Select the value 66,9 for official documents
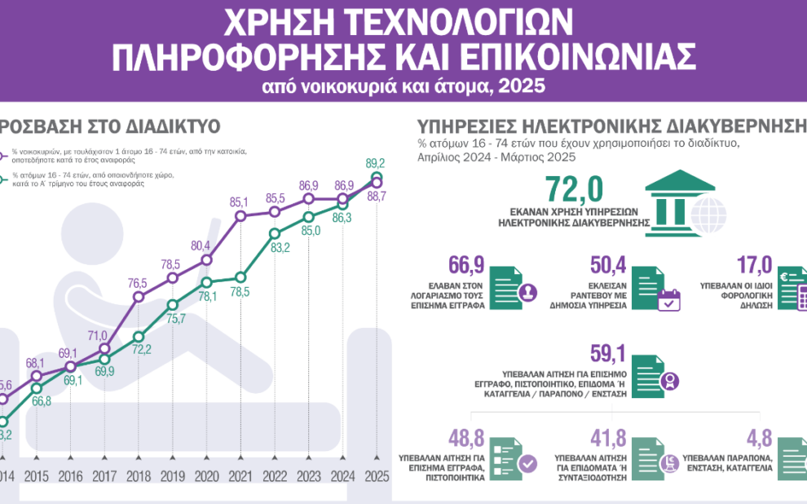point(465,265)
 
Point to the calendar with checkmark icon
point(668,299)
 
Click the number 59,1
point(607,352)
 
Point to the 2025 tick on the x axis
point(376,476)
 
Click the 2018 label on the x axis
point(138,476)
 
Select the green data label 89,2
point(376,162)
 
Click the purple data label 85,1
point(240,201)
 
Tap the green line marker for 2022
point(275,233)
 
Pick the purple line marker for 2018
point(138,298)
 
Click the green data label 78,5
point(240,290)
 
